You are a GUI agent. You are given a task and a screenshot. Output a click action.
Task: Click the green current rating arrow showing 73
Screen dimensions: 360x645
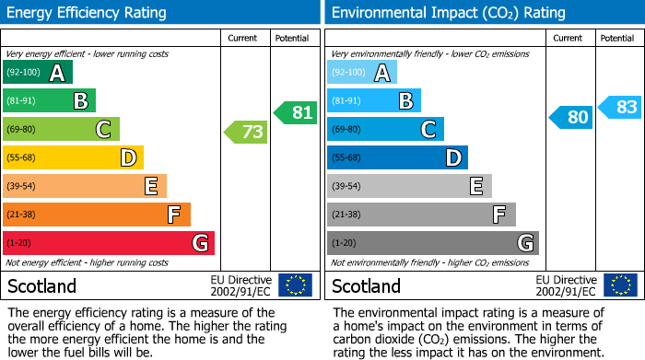[x=247, y=133]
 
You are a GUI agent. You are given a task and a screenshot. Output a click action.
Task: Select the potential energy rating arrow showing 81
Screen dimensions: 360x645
[x=296, y=112]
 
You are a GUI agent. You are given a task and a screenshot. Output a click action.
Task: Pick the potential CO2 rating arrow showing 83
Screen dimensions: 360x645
[x=621, y=107]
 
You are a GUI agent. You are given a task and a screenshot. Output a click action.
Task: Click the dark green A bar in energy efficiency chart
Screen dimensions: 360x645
[x=38, y=73]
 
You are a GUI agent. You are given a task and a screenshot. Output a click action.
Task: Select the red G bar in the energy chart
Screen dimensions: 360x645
[x=109, y=243]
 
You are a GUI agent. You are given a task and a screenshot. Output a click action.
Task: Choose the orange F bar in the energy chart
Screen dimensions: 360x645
[x=97, y=215]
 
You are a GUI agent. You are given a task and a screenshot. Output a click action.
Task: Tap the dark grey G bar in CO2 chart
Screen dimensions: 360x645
[x=432, y=243]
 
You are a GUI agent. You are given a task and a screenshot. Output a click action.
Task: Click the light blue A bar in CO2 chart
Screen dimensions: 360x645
[x=362, y=73]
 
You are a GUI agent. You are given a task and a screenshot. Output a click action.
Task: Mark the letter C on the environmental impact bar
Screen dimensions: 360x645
[x=428, y=130]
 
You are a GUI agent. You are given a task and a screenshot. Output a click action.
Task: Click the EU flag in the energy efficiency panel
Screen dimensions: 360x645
[x=295, y=285]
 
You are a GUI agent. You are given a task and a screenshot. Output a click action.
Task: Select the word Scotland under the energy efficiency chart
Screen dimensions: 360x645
[x=41, y=286]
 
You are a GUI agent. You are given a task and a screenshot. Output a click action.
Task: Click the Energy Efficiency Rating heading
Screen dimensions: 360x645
[x=88, y=13]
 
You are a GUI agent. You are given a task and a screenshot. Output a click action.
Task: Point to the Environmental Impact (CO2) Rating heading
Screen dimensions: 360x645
[x=447, y=13]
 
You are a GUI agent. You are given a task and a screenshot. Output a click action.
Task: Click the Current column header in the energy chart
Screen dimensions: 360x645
[x=244, y=38]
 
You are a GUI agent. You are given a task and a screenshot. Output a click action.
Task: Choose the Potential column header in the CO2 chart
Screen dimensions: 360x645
[x=617, y=38]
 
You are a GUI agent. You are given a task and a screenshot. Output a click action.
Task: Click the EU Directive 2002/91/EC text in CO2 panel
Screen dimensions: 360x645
[x=566, y=285]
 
